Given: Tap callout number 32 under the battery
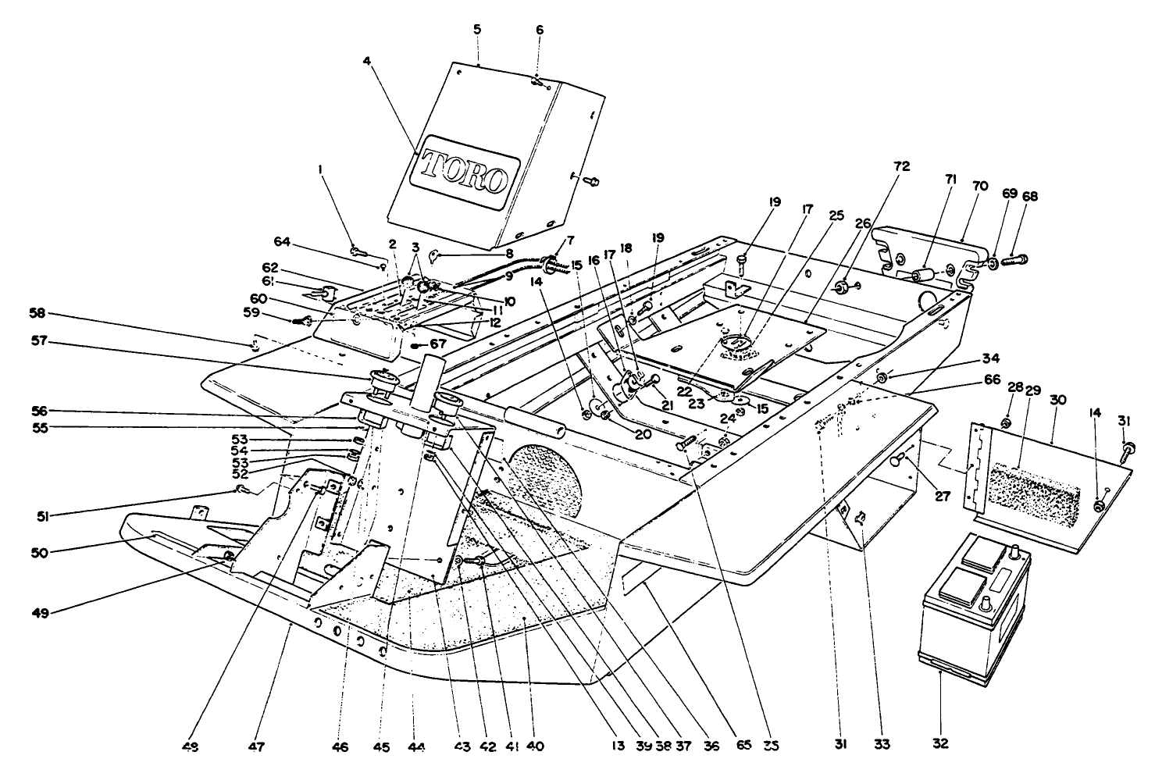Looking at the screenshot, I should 941,743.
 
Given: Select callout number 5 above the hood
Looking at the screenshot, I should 477,29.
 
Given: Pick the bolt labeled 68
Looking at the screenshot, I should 1013,258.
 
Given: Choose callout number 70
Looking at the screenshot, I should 979,186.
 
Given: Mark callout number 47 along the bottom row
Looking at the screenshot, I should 257,746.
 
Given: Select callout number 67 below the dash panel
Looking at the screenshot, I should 438,344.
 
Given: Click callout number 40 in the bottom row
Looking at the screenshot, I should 534,746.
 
